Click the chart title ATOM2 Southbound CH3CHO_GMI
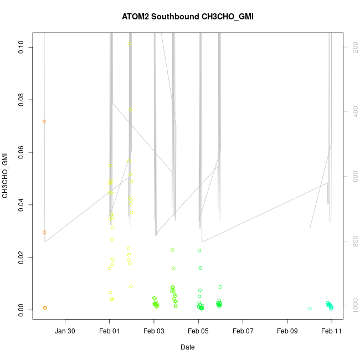tap(188, 17)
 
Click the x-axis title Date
tap(187, 347)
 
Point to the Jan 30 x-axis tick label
tap(65, 331)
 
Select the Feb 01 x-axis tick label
tap(110, 331)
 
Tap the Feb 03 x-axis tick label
tap(154, 331)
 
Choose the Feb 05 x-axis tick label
tap(198, 331)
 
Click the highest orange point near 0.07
tap(44, 121)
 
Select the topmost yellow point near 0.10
tap(129, 44)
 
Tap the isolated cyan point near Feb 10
tap(310, 308)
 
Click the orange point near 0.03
tap(44, 232)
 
